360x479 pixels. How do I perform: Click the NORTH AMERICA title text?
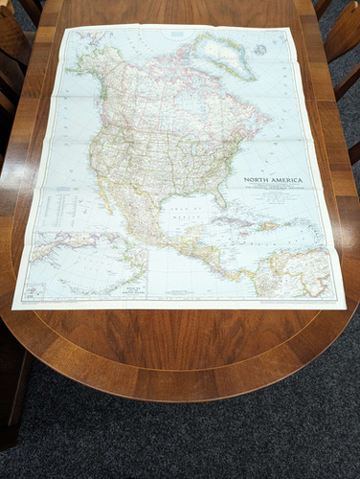(x=274, y=179)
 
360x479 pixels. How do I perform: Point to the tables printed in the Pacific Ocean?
(x=53, y=206)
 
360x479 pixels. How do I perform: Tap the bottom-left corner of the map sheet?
(x=12, y=308)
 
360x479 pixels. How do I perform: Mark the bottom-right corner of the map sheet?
(x=346, y=308)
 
